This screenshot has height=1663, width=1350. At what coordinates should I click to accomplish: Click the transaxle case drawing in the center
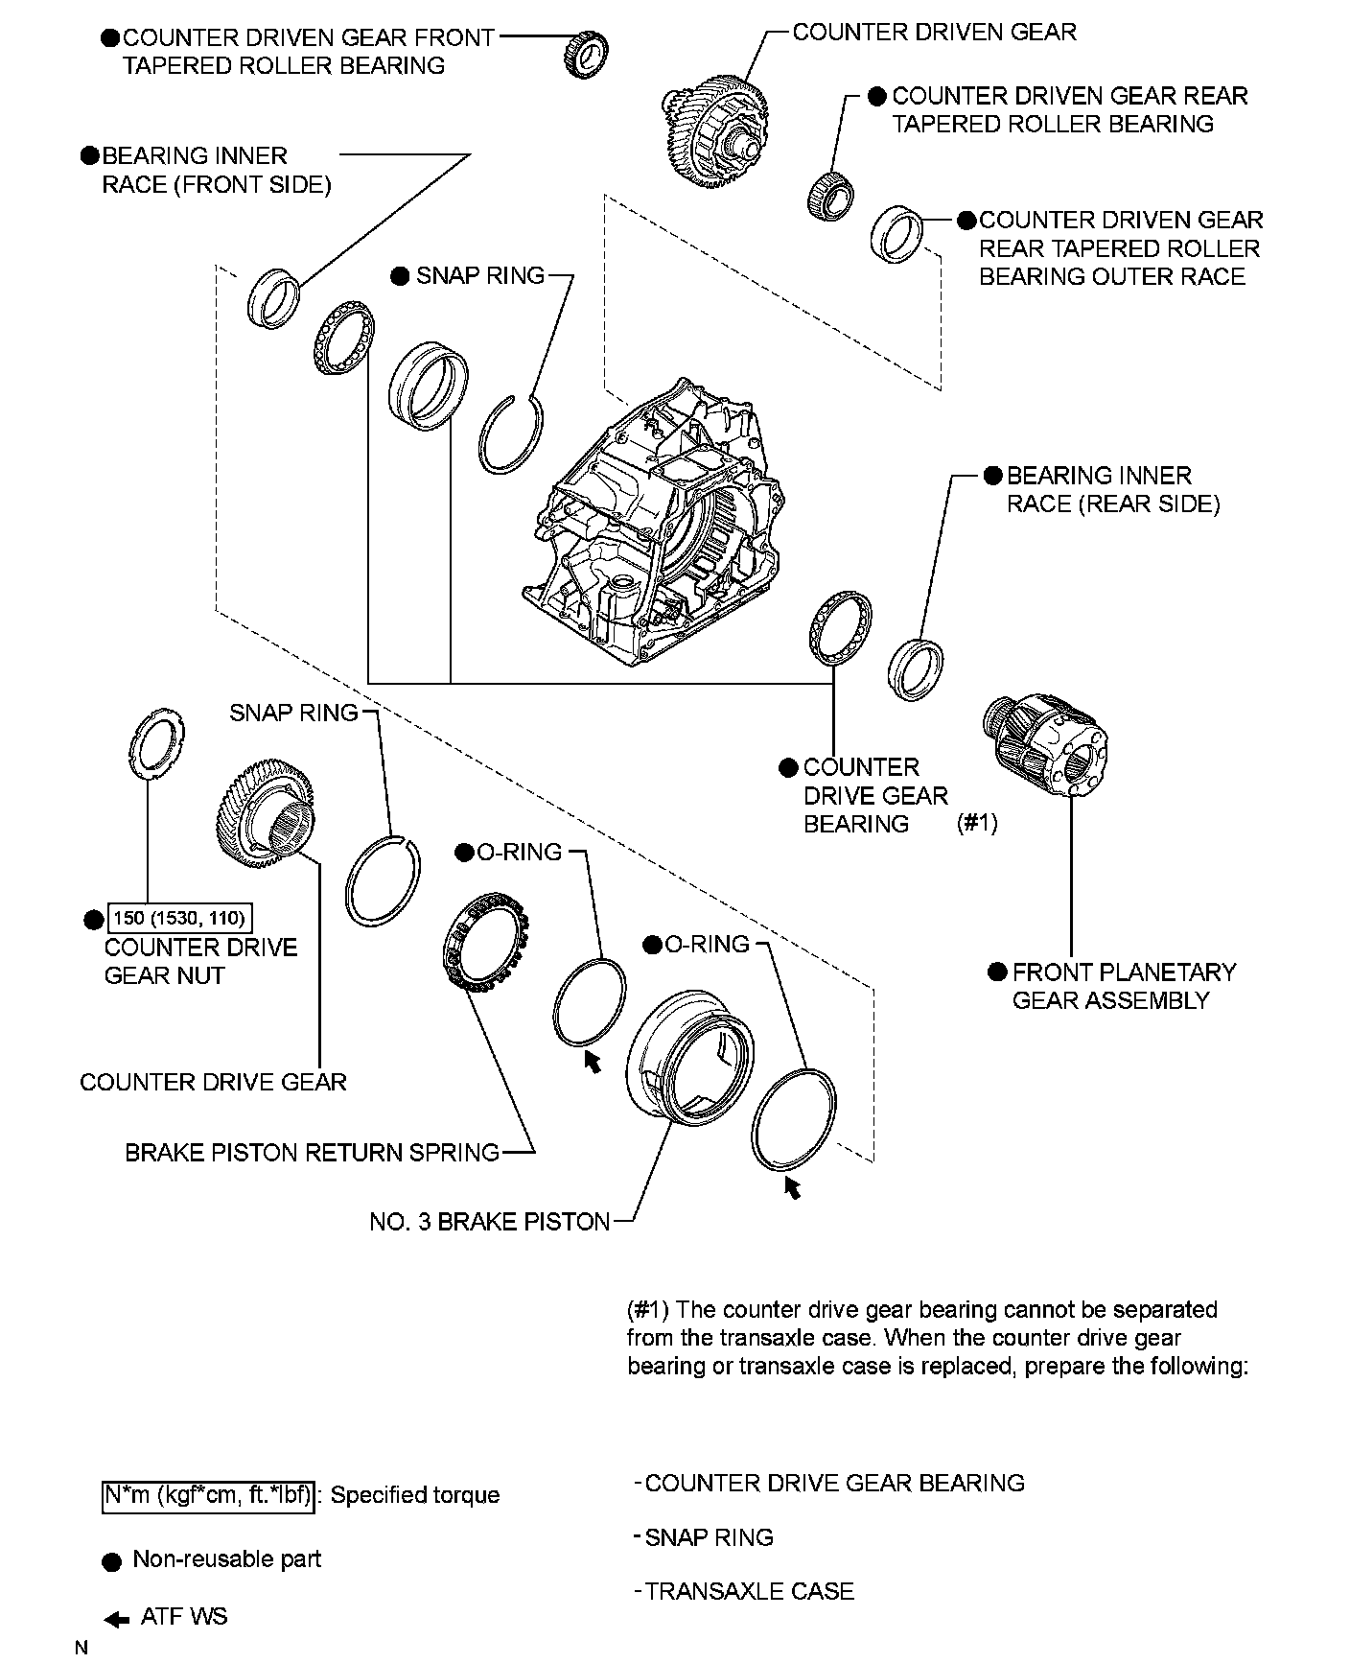[652, 527]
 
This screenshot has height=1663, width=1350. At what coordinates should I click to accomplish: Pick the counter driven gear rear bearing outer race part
[897, 233]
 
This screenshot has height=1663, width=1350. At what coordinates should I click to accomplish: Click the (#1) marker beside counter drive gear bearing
[977, 823]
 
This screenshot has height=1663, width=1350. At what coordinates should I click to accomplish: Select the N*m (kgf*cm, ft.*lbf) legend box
[207, 1495]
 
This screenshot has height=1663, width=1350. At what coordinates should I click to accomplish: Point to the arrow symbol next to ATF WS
[117, 1620]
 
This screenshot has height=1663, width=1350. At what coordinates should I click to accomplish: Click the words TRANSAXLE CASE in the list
[749, 1591]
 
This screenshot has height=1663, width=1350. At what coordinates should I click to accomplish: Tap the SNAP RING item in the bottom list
[709, 1537]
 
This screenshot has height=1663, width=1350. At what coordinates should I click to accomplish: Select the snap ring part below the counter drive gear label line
[382, 880]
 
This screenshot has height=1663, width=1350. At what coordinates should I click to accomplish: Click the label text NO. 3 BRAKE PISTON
[489, 1222]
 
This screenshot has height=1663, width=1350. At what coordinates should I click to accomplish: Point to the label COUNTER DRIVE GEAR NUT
[201, 961]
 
